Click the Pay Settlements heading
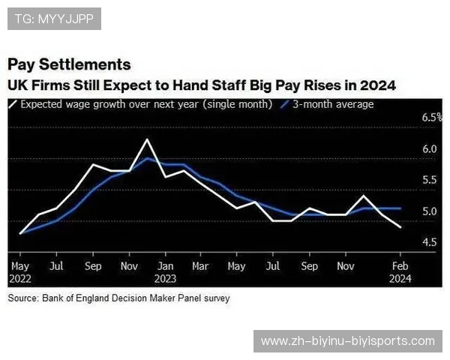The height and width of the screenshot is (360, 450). click(x=69, y=64)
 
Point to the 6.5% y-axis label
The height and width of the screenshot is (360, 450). click(x=431, y=118)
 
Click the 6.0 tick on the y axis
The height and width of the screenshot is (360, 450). click(x=429, y=149)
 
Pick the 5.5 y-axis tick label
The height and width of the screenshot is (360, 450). click(x=429, y=180)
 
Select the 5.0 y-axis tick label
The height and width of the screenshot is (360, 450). click(x=429, y=211)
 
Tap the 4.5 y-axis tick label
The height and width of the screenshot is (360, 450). click(x=429, y=242)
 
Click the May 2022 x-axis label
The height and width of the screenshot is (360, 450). click(x=20, y=271)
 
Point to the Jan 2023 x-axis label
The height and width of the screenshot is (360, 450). click(x=166, y=271)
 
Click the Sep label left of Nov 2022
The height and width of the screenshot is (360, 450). click(x=93, y=266)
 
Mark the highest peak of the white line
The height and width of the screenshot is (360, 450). click(x=148, y=140)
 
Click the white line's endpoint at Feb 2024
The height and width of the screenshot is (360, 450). click(x=400, y=226)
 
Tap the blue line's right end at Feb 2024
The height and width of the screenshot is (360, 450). click(x=400, y=208)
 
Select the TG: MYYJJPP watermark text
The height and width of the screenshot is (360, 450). click(x=53, y=19)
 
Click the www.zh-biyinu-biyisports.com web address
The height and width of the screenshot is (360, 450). click(x=347, y=341)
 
